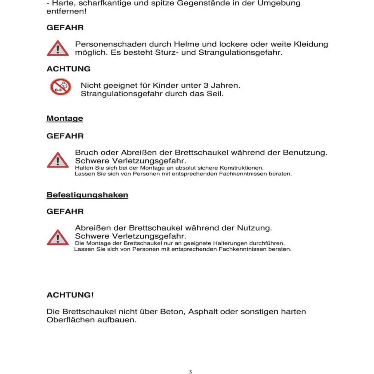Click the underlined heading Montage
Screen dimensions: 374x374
coord(65,118)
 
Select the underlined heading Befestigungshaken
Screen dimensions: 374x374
coord(87,195)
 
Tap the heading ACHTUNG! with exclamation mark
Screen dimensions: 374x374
coord(70,295)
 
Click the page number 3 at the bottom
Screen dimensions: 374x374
coord(190,371)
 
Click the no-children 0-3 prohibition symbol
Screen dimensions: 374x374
coord(60,87)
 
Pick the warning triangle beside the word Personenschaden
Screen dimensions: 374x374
coord(58,49)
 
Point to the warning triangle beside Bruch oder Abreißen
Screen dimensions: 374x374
coord(58,160)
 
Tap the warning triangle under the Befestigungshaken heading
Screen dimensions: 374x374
coord(58,238)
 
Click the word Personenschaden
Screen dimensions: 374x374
coord(111,44)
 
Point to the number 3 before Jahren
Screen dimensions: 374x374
coord(206,86)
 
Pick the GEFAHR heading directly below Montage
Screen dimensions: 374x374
coord(65,136)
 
